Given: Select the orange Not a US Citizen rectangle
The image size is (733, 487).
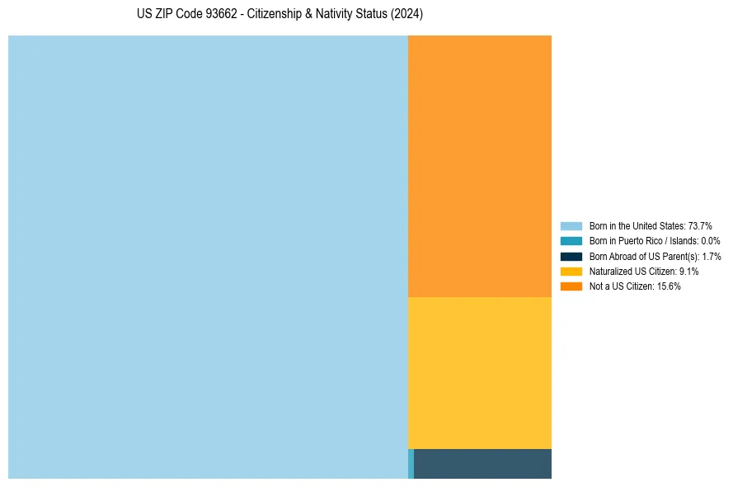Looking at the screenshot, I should [x=480, y=166].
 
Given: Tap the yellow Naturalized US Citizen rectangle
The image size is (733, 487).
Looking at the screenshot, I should [x=480, y=372].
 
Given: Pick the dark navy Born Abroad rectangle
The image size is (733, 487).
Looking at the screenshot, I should [x=482, y=464].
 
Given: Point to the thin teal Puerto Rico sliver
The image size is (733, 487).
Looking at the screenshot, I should [x=411, y=464].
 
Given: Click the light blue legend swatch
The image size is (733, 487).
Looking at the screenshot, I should [x=571, y=225].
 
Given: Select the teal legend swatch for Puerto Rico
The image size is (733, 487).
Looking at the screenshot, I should [x=571, y=241].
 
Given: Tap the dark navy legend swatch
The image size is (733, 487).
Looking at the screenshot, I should [x=571, y=256].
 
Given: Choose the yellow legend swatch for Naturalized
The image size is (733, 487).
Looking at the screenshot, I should [x=571, y=271].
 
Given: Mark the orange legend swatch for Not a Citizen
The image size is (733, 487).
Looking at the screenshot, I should [x=571, y=286].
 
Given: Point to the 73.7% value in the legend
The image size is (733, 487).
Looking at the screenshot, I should [x=700, y=225].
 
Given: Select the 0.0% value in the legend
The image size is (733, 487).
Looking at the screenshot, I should [x=711, y=241].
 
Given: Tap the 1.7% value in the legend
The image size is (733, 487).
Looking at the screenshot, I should [x=712, y=256].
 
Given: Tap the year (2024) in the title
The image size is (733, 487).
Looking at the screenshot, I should [x=406, y=15].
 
